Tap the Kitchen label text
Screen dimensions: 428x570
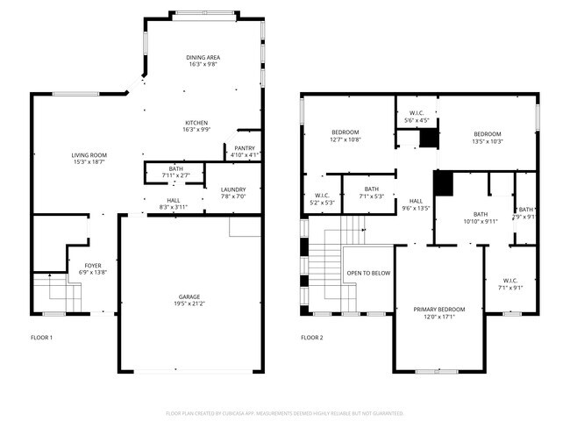[196, 122]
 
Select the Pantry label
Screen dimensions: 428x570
[244, 148]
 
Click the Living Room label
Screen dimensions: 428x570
[89, 155]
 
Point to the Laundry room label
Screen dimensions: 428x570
[233, 189]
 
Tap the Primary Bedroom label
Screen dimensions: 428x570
[439, 310]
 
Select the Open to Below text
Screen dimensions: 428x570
[368, 273]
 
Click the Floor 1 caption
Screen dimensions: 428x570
[42, 338]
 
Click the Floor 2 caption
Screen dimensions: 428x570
[312, 338]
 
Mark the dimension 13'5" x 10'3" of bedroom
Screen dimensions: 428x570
[487, 141]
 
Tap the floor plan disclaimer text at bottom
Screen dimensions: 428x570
[285, 412]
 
